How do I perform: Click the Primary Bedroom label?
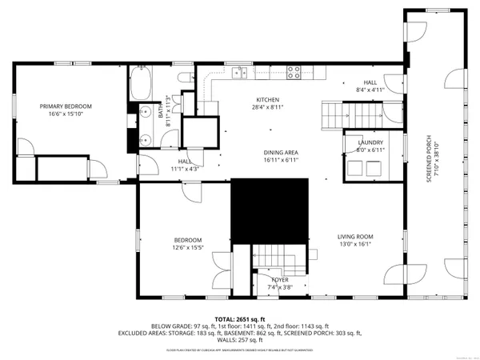pos(66,106)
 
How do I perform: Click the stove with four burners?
pos(294,72)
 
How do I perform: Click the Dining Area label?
pos(281,152)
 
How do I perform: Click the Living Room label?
pos(354,237)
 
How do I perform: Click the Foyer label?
pos(279,279)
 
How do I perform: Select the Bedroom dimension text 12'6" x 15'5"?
pos(189,248)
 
